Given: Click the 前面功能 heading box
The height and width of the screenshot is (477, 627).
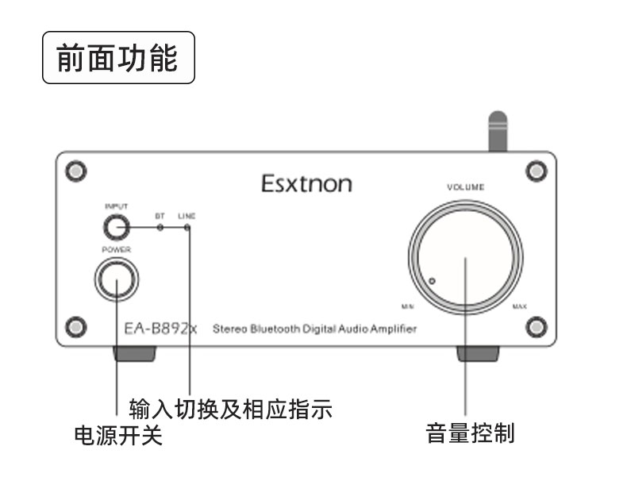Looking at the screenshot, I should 117,58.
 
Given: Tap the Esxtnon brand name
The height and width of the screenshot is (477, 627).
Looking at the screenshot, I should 306,184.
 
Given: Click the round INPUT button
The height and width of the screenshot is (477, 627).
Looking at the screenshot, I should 116,229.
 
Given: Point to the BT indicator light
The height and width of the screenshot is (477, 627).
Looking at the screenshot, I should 160,228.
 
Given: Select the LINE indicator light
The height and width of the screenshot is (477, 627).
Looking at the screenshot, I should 187,228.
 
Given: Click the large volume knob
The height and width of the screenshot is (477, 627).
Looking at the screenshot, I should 466,256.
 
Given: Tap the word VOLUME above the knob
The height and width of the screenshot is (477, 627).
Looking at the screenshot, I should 466,187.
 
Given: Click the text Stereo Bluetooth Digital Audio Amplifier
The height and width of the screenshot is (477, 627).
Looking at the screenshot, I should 314,329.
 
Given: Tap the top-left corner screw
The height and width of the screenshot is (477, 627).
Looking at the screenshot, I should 75,171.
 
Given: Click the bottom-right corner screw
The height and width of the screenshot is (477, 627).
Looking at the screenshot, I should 537,325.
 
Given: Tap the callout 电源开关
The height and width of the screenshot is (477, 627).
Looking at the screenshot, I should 117,436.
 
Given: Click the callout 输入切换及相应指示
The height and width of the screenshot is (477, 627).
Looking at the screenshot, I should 229,410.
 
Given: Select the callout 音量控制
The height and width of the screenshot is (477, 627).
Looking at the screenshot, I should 471,433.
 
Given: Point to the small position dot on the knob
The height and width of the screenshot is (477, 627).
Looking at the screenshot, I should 432,280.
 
